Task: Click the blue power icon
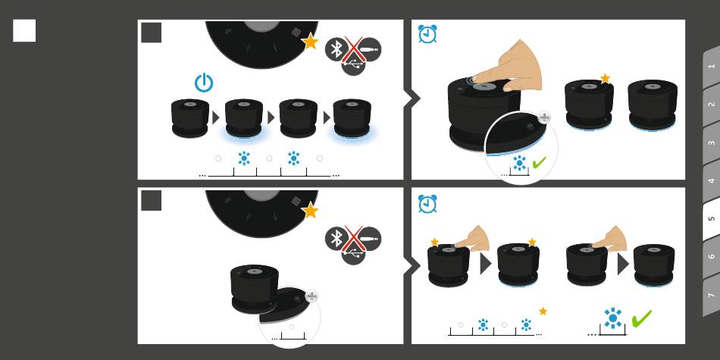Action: pos(203,83)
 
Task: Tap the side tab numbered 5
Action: pos(711,218)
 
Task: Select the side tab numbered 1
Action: pos(711,67)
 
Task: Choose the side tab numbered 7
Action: pos(711,295)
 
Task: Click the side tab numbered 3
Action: pos(711,142)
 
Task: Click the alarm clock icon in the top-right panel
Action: pos(427,34)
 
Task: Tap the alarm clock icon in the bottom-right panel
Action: pos(427,204)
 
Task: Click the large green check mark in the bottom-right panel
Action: pos(641,318)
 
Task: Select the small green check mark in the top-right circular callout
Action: pos(540,162)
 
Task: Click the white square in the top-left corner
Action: pos(24,30)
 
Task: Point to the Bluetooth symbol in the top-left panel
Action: pos(337,49)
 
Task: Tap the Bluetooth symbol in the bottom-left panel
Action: pos(337,238)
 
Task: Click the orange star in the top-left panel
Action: pos(311,42)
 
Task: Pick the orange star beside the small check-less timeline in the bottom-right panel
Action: pos(543,311)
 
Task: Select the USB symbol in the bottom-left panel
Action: pos(354,252)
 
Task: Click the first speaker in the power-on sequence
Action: pos(190,118)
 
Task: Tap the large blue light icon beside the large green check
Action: pos(612,318)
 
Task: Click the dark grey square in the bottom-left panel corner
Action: pos(151,201)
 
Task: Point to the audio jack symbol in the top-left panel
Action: pos(369,49)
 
